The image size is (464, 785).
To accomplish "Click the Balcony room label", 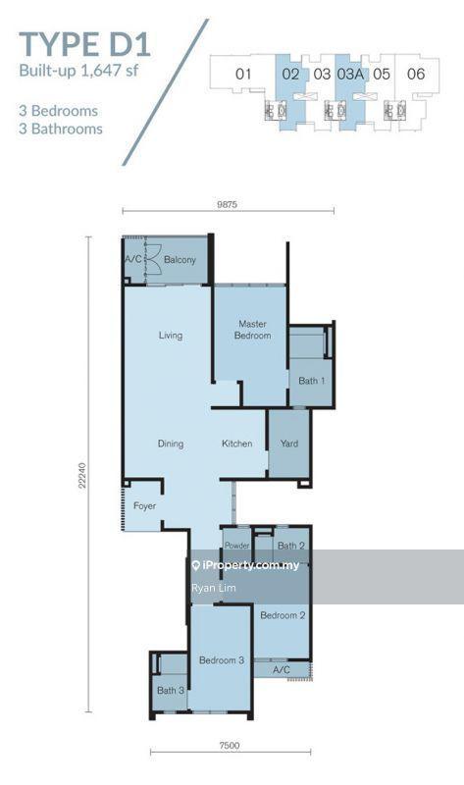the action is pos(180,259).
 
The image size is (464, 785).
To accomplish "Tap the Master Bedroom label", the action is pos(253,330).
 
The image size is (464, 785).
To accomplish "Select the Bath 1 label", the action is pos(311,381).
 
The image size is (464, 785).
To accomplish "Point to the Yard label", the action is pos(289,444).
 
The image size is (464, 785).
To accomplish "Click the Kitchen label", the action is pos(236,444).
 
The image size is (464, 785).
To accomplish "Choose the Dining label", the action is pos(171,444).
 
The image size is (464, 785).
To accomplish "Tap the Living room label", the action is pos(171,335).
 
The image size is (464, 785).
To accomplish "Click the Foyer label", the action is pos(144,505).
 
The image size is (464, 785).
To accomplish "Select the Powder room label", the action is pos(236,546).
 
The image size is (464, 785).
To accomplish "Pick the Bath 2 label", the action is pos(291,546).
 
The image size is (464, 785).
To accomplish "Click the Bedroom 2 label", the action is pos(283,615).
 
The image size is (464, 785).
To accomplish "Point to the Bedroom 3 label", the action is pos(222,659).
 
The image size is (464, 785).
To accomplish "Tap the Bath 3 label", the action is pos(171,691).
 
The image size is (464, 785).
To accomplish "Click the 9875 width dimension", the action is pos(227,204).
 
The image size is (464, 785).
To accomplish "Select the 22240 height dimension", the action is pos(82,475).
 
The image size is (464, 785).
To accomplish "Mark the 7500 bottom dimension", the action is pos(230,745).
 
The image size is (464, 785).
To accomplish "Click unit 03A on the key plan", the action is pos(350,75).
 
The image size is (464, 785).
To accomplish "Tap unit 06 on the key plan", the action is pos(416,75).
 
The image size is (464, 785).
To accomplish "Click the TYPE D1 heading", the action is pos(84,44).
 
